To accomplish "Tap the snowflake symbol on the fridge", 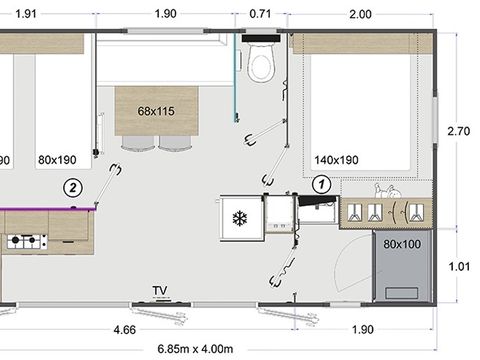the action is coord(240,219).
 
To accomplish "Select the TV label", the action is coord(160,290).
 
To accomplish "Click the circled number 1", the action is coord(322,184).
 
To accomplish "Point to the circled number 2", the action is coord(73,188).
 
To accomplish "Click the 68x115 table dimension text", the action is coord(156,111).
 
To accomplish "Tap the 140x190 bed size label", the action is coord(336,160).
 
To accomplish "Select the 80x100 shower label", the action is coord(402,244).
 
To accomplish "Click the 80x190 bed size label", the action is coord(57,160).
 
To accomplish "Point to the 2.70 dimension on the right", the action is coord(459,131).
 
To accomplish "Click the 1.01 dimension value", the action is coord(459,266).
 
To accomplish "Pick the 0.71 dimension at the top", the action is coord(260,14).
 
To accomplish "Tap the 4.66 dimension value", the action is coord(125,330).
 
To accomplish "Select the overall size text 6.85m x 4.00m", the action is coord(195,349).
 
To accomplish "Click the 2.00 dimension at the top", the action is coord(360,14).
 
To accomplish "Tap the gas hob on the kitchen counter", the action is coord(27,241).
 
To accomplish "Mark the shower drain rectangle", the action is coord(402,293).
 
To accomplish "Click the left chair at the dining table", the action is coord(138,143).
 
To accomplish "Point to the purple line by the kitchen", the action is coord(48,209).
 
